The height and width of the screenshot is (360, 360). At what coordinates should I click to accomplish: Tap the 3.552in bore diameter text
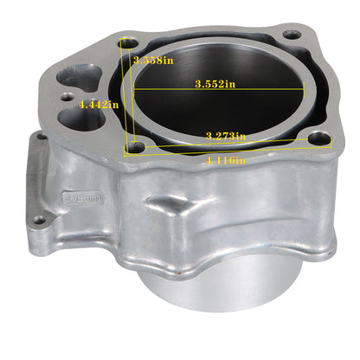pos(215,84)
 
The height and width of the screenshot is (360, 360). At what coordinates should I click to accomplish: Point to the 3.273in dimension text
pos(227,136)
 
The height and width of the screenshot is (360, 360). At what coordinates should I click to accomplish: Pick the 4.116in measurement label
pos(227,161)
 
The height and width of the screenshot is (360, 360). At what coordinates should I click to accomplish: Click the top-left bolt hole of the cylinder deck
pos(129,42)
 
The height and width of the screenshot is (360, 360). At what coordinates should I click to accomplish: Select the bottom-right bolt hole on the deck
pos(322,138)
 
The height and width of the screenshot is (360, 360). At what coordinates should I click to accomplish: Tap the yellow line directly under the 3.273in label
pos(227,143)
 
